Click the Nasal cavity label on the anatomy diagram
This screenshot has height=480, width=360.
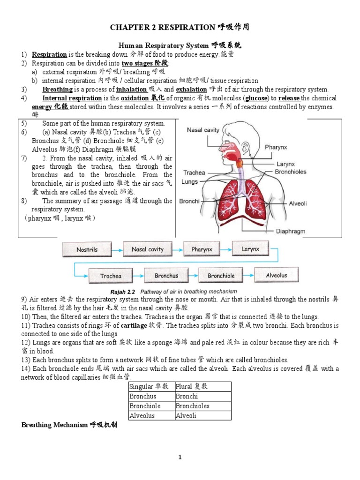coord(202,130)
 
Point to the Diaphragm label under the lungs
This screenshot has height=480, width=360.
coord(290,231)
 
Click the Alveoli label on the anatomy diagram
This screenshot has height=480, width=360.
coord(298,204)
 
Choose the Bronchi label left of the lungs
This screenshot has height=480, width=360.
coord(189,201)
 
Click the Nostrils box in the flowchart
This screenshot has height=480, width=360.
coord(87,249)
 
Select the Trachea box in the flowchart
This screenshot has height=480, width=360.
coord(111,276)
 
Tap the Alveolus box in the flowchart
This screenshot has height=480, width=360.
coord(276,275)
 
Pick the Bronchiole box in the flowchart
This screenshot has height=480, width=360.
coord(221,276)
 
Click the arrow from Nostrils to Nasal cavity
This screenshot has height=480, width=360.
coord(117,249)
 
